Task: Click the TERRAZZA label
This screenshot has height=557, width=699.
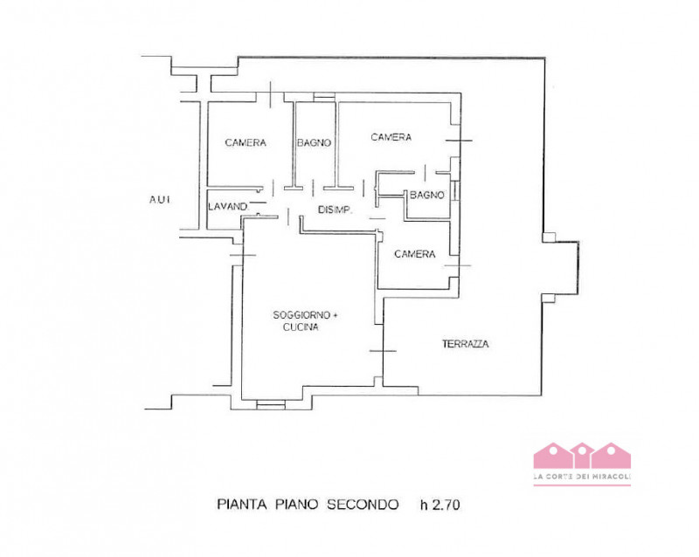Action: pyautogui.click(x=465, y=344)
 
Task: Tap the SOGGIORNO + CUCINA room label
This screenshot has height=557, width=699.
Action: pyautogui.click(x=305, y=320)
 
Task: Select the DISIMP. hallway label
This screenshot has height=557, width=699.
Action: pyautogui.click(x=336, y=210)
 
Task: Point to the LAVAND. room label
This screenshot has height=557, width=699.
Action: pyautogui.click(x=228, y=207)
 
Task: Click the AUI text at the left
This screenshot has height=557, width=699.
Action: pyautogui.click(x=160, y=200)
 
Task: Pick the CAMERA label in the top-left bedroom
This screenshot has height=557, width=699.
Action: pyautogui.click(x=246, y=142)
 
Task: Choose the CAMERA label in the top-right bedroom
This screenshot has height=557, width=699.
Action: pyautogui.click(x=391, y=137)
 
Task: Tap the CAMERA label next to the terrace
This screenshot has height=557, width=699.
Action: pyautogui.click(x=414, y=254)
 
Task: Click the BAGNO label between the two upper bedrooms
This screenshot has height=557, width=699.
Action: pyautogui.click(x=315, y=142)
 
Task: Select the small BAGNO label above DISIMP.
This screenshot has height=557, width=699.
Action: pyautogui.click(x=427, y=195)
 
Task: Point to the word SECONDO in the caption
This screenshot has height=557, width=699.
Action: pyautogui.click(x=363, y=505)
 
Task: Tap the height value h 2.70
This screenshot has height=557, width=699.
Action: pyautogui.click(x=440, y=505)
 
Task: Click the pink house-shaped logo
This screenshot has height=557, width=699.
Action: pyautogui.click(x=582, y=456)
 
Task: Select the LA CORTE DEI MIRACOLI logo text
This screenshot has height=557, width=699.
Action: pyautogui.click(x=582, y=477)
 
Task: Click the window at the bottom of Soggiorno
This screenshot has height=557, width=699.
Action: pyautogui.click(x=271, y=404)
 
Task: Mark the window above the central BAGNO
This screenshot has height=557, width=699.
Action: pyautogui.click(x=324, y=96)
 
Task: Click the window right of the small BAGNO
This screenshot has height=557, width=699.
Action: pyautogui.click(x=455, y=190)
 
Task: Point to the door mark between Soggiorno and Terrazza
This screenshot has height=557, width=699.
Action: pyautogui.click(x=383, y=351)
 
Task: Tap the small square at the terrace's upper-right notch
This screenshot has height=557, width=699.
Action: pyautogui.click(x=549, y=237)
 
